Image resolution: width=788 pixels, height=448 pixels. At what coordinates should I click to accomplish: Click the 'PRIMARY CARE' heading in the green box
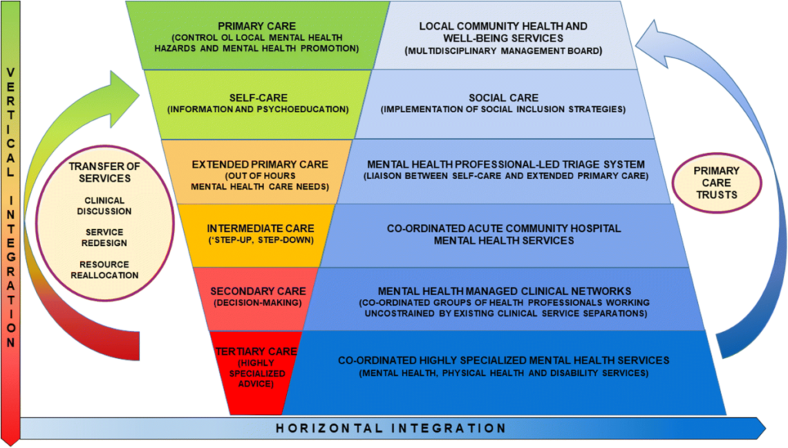point(257,25)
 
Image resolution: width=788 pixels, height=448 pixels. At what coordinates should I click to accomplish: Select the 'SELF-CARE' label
point(257,98)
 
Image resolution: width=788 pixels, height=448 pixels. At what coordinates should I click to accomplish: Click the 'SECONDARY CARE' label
point(258,291)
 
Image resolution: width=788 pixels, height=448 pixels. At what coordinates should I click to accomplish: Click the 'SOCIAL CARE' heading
point(503,98)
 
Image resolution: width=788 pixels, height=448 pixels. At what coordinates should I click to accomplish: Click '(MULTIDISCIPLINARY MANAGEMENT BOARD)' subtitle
point(503,51)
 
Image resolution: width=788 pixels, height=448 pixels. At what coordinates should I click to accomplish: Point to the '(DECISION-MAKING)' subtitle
point(258,304)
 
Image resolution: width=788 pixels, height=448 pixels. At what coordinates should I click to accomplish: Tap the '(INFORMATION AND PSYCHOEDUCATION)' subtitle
point(257,110)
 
